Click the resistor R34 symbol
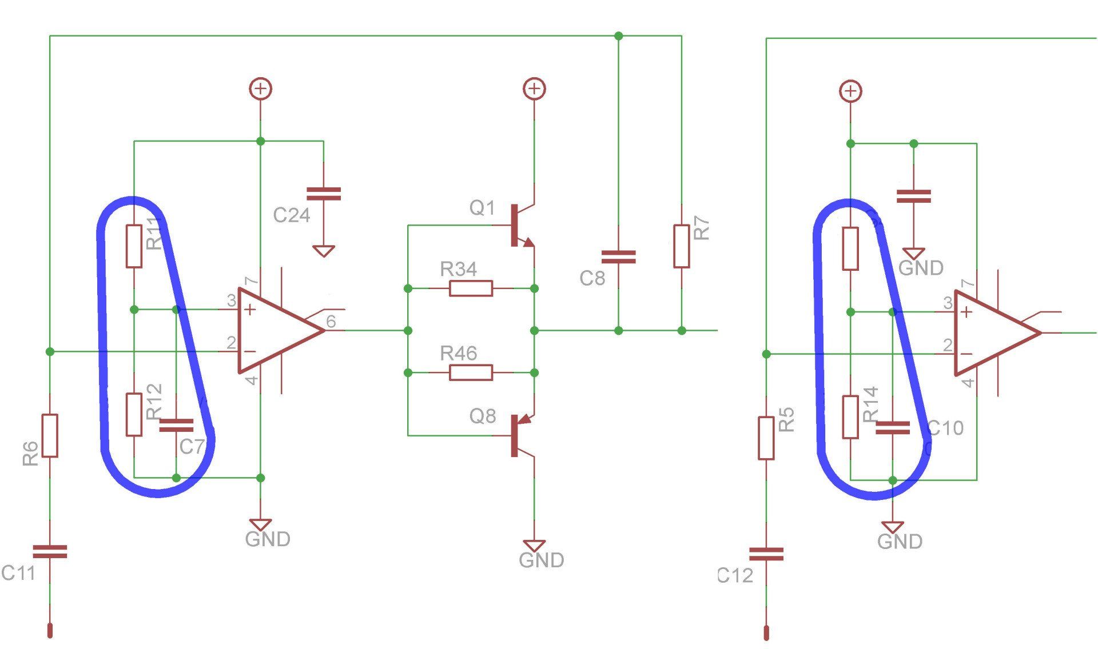point(471,289)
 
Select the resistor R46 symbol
point(471,372)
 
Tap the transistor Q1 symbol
point(518,226)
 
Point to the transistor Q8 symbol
point(518,436)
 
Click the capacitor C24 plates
point(324,194)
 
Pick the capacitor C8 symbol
point(618,257)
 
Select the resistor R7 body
point(681,246)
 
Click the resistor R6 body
point(50,435)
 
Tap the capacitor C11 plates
point(50,551)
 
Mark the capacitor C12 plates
point(766,554)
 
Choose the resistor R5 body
point(766,438)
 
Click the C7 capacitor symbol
point(176,425)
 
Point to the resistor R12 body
point(134,414)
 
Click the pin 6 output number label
point(331,322)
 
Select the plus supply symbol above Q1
point(534,89)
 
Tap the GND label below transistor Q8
point(541,560)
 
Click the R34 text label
point(458,269)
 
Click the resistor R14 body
point(850,417)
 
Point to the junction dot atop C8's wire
point(618,36)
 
